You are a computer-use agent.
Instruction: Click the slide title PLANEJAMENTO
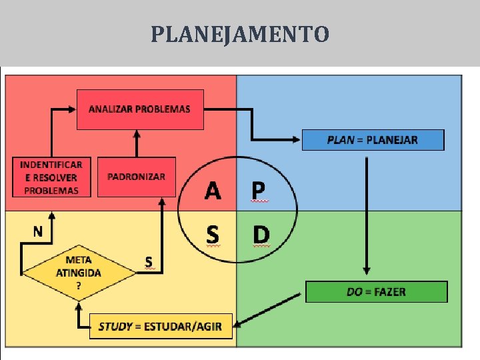[240, 33]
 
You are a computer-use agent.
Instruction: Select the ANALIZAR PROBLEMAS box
[139, 109]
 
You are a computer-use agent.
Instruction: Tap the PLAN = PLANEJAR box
[373, 140]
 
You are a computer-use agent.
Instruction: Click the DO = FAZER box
[376, 292]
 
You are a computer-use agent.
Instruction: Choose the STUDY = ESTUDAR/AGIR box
[161, 326]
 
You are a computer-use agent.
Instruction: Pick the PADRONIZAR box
[137, 177]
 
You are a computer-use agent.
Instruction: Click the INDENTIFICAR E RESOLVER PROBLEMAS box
[51, 177]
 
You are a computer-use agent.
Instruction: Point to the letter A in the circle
[213, 191]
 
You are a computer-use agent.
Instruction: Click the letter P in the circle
[259, 191]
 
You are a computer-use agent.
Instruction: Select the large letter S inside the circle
[213, 235]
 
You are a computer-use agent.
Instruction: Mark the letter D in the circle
[261, 235]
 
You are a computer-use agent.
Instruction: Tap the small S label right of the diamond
[149, 261]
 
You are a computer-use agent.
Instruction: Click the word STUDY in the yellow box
[115, 327]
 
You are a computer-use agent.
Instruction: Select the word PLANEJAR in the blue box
[392, 140]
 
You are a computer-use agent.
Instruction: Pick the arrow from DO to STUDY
[270, 309]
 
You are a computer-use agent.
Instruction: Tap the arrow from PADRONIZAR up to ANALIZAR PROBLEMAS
[137, 143]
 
